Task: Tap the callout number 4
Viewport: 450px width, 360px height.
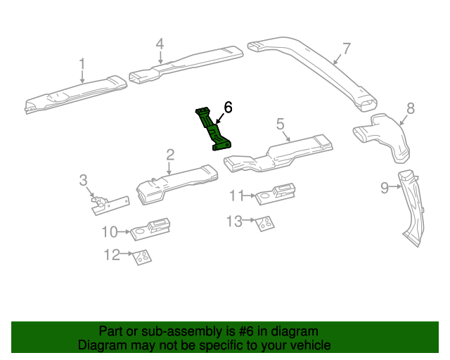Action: [160, 44]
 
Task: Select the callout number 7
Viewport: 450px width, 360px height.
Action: [346, 49]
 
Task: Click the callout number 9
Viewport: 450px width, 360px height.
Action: [385, 187]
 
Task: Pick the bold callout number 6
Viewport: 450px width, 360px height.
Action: [227, 108]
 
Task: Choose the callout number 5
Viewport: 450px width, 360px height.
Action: [280, 124]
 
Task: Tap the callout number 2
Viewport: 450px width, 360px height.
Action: [170, 154]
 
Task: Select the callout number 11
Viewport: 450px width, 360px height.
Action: [237, 194]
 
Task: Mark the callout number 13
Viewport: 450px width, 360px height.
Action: [233, 221]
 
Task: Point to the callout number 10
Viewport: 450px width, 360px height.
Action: [109, 230]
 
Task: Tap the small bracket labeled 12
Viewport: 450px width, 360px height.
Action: [143, 257]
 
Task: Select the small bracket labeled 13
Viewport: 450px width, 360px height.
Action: [265, 224]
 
